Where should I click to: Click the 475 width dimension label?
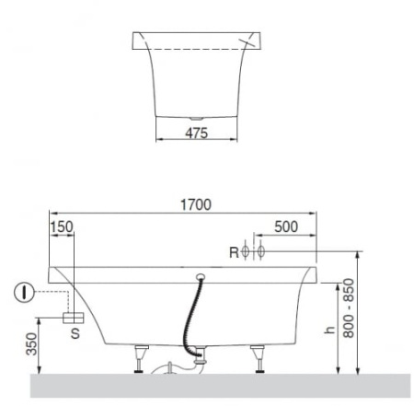point(196,133)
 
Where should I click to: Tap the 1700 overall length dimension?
point(196,204)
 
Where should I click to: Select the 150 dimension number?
point(62,227)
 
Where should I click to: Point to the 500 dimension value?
point(286,226)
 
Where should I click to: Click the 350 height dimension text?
point(31,344)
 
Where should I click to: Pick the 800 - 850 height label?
point(349,308)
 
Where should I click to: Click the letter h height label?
point(329,330)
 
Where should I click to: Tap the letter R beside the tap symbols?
point(234,252)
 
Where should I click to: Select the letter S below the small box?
point(75,333)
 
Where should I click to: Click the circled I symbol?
point(24,292)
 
